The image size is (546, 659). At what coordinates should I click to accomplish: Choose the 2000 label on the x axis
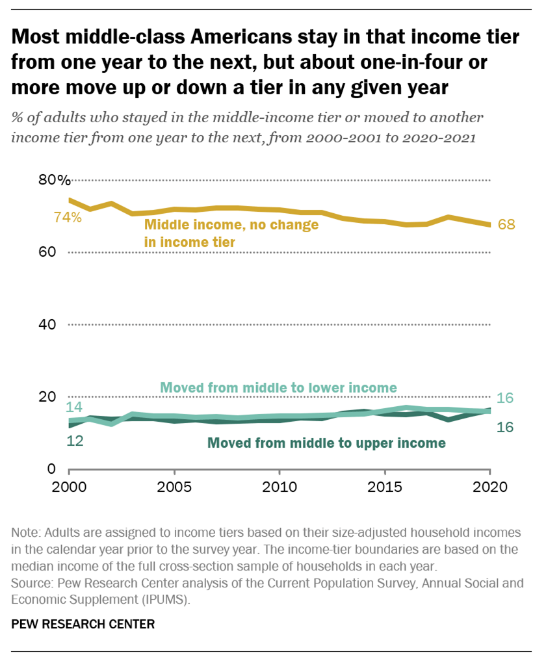69,487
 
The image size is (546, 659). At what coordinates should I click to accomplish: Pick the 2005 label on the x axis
174,487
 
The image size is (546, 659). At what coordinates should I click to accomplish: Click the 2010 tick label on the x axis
279,487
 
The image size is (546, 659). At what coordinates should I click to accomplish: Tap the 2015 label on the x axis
385,487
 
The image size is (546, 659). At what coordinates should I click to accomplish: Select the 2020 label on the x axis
489,487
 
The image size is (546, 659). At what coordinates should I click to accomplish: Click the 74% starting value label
67,218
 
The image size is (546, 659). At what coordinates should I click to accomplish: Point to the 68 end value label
506,225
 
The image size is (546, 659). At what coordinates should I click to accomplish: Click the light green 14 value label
73,407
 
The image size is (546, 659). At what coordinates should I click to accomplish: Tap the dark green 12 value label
73,440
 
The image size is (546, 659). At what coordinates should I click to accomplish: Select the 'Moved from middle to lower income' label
278,388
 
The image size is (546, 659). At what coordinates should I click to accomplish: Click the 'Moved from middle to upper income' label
326,443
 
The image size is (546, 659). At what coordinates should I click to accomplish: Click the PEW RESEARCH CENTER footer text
83,624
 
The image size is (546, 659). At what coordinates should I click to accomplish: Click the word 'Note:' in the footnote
26,532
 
